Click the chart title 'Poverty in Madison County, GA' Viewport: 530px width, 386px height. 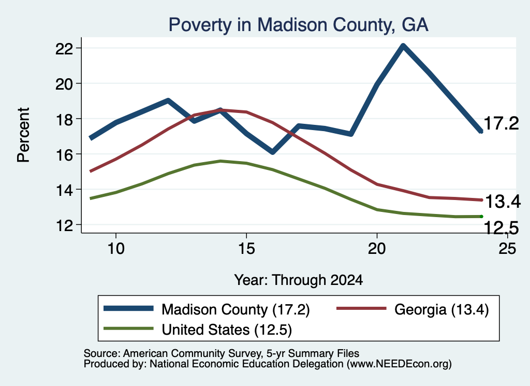tap(299, 25)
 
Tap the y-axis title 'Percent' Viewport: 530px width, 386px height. tap(23, 135)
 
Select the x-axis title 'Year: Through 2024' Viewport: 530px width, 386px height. tap(299, 280)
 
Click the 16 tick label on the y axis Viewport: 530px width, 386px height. tap(64, 154)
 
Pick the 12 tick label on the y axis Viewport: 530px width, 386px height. tap(64, 225)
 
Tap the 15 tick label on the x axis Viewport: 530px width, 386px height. tap(246, 249)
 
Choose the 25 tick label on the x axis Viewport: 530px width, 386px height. tap(507, 249)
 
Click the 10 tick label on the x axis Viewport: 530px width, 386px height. tap(116, 249)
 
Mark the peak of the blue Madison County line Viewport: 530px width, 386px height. tap(403, 46)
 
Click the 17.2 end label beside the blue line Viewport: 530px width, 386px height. tap(501, 123)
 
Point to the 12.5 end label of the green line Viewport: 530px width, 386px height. tap(501, 227)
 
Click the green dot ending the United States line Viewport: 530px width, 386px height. tap(481, 217)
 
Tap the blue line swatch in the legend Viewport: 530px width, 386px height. tap(128, 308)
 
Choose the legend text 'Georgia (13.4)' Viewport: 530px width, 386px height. tap(441, 310)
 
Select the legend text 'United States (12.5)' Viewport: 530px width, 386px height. tap(227, 330)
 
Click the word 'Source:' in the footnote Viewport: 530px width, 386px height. tap(102, 353)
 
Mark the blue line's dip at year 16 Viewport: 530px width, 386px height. tap(272, 152)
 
